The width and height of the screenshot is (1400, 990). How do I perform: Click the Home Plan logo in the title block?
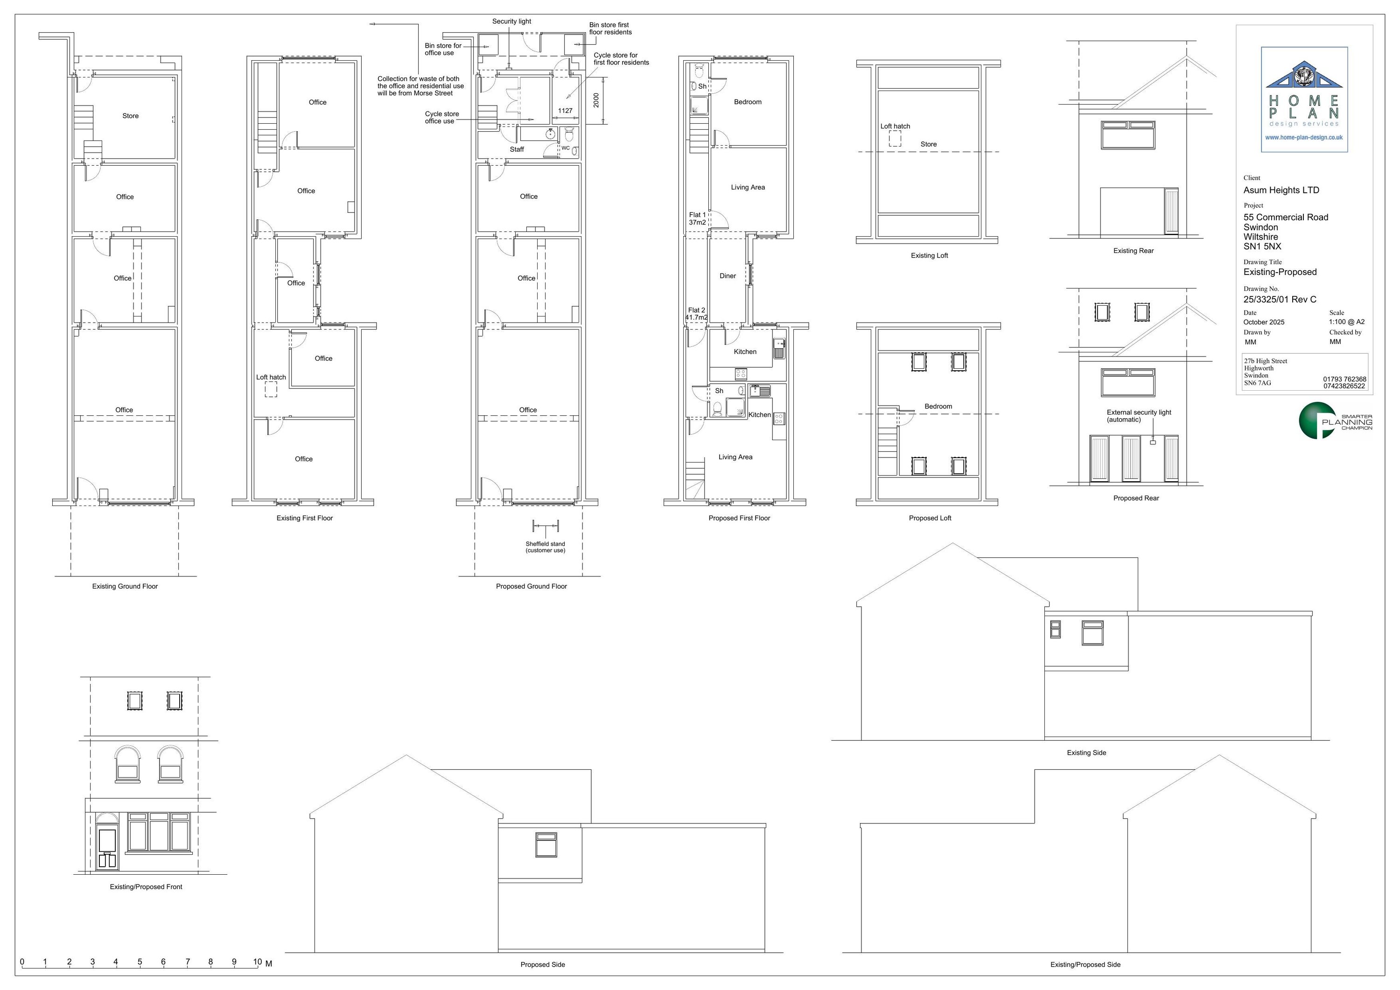(1304, 99)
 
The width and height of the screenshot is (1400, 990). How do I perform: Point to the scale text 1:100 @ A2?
(1347, 322)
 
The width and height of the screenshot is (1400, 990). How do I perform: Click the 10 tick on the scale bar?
(257, 962)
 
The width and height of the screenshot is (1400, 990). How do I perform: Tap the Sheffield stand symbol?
(546, 526)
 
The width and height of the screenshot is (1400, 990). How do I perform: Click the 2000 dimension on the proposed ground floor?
(596, 100)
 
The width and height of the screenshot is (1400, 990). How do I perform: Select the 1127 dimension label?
(565, 111)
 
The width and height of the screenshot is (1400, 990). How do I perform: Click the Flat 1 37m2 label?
(697, 219)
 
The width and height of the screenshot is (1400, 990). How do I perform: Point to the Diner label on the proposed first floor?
(728, 276)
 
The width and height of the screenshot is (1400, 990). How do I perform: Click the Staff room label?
(517, 149)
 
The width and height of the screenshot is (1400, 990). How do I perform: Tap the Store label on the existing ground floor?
(131, 116)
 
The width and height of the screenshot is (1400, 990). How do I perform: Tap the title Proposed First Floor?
(739, 519)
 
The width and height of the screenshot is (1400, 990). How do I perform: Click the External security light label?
(1138, 416)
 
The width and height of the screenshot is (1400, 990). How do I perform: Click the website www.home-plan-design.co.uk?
(1304, 138)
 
